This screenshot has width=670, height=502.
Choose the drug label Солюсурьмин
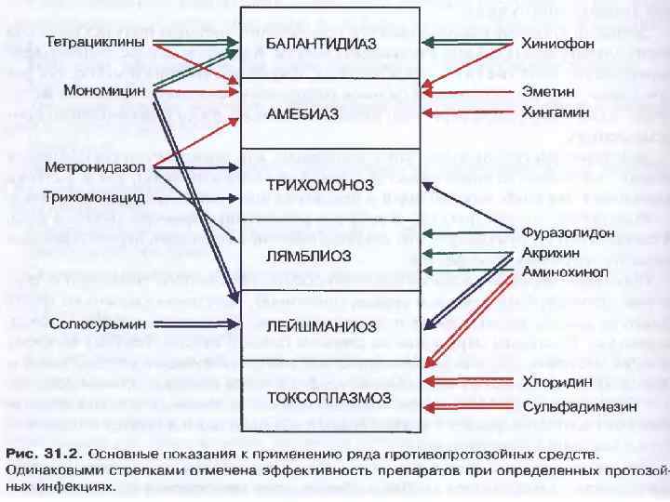tap(95, 324)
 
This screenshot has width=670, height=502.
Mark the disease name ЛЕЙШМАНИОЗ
tap(321, 326)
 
